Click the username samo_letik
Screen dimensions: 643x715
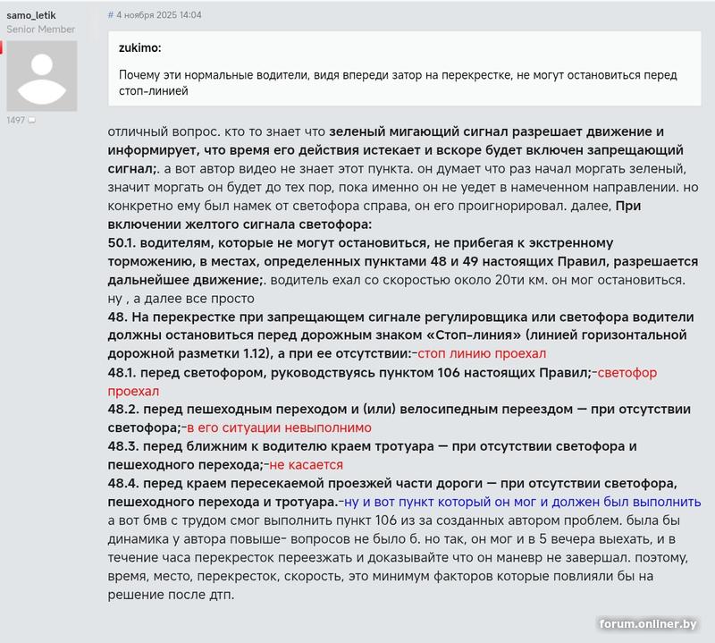[31, 14]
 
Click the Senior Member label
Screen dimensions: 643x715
[41, 29]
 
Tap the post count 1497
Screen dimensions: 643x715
[16, 120]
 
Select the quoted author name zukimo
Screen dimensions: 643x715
[139, 48]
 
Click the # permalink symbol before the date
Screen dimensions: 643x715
[111, 15]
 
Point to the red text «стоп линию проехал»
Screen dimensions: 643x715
[482, 353]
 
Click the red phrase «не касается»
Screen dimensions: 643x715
[306, 464]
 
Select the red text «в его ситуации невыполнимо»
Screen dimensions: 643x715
[277, 427]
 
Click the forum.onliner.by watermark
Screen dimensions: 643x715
[649, 623]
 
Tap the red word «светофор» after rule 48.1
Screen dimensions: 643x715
[626, 372]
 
